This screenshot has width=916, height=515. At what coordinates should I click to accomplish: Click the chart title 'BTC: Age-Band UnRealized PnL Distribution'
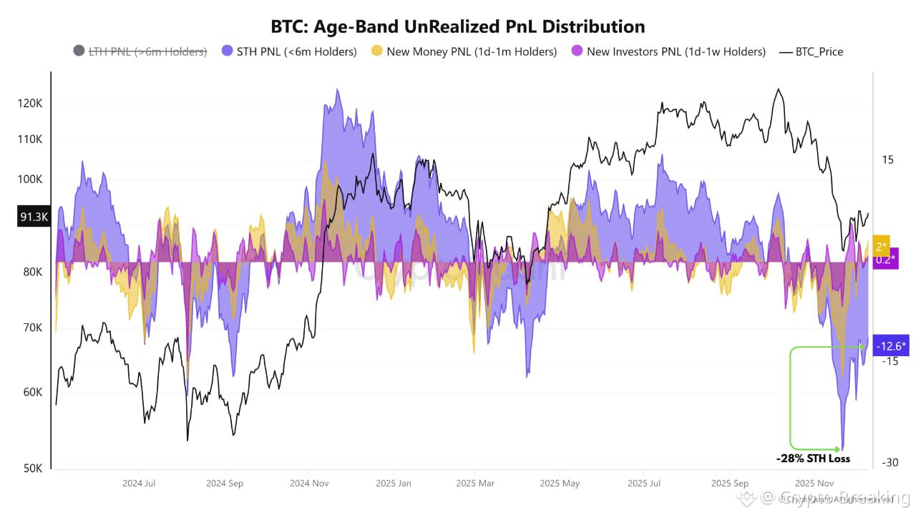pyautogui.click(x=458, y=26)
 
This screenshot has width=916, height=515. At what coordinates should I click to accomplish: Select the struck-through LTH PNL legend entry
pyautogui.click(x=140, y=51)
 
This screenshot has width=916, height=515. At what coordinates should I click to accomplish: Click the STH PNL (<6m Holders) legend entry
pyautogui.click(x=289, y=51)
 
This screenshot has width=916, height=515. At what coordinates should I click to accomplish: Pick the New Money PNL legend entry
pyautogui.click(x=464, y=51)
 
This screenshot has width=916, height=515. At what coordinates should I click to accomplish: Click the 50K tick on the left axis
pyautogui.click(x=31, y=469)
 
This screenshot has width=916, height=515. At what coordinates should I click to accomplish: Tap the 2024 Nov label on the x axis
pyautogui.click(x=308, y=484)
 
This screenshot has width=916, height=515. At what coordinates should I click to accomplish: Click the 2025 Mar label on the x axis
pyautogui.click(x=475, y=484)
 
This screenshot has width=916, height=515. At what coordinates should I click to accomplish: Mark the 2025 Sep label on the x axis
pyautogui.click(x=730, y=484)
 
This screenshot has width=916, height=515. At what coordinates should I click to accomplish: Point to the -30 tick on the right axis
pyautogui.click(x=889, y=463)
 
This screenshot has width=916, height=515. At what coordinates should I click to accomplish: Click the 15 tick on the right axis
pyautogui.click(x=887, y=160)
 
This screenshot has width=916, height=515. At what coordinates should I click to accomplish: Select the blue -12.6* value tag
pyautogui.click(x=890, y=347)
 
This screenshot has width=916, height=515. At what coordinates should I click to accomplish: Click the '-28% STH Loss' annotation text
pyautogui.click(x=813, y=458)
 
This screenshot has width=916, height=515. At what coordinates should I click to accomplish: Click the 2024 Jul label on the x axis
pyautogui.click(x=140, y=484)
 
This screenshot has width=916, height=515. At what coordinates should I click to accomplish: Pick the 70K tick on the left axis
pyautogui.click(x=31, y=328)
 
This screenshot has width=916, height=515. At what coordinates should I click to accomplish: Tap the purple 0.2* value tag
pyautogui.click(x=883, y=259)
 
